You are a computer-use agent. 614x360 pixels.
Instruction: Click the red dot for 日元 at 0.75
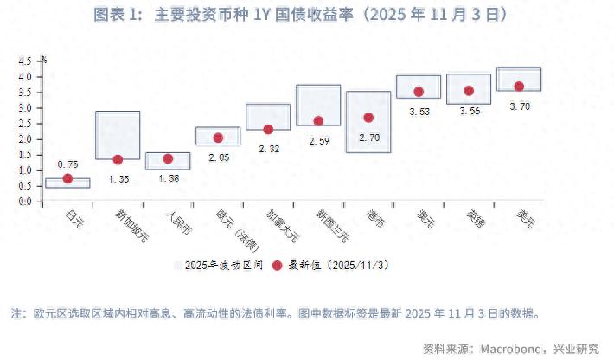click(x=67, y=178)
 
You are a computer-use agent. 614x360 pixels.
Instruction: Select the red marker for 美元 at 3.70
click(x=519, y=87)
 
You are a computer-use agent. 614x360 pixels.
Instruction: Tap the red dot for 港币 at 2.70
click(x=368, y=118)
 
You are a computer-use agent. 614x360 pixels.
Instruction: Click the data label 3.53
click(x=419, y=111)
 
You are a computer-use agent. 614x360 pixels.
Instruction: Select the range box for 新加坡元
click(x=118, y=134)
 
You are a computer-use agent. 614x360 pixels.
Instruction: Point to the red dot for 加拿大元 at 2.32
click(x=268, y=129)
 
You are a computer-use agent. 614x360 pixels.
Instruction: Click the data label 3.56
click(x=469, y=111)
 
